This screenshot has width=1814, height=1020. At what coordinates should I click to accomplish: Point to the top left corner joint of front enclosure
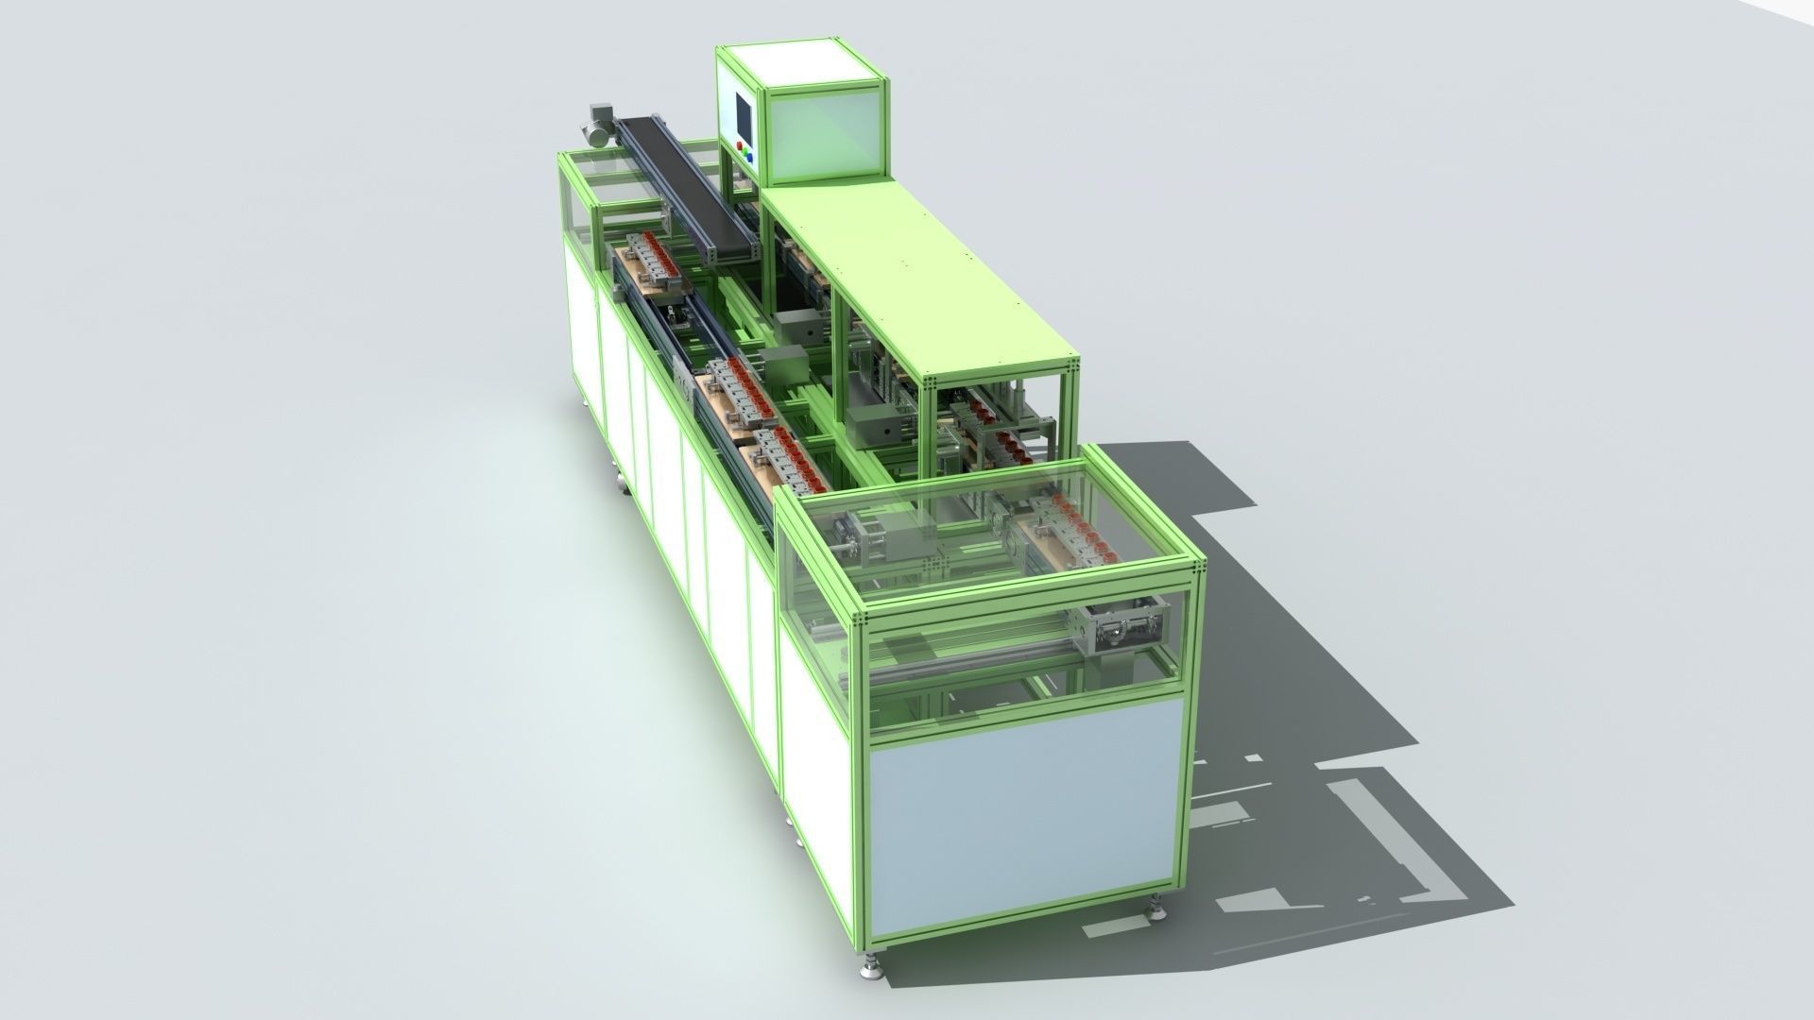[861, 618]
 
